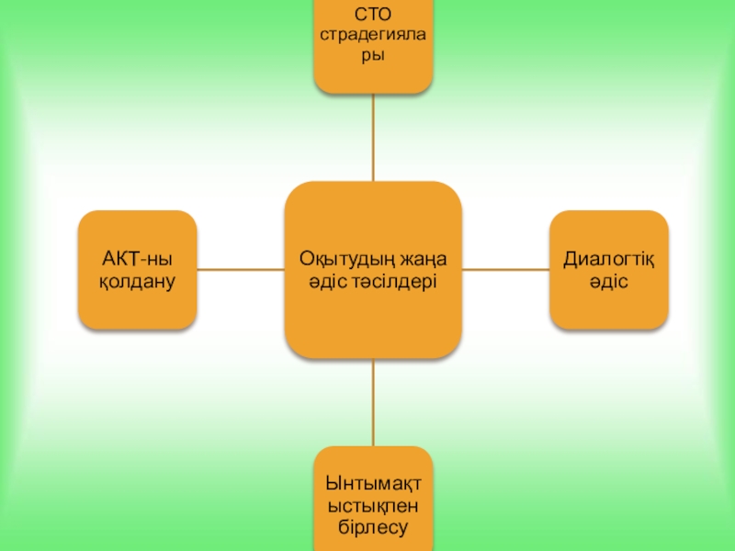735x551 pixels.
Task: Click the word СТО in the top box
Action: click(x=372, y=14)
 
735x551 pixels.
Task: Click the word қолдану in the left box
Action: click(x=137, y=281)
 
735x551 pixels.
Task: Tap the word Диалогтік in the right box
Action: click(x=608, y=259)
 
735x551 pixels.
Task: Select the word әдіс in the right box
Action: click(x=608, y=281)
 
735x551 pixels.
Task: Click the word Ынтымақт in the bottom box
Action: click(x=372, y=483)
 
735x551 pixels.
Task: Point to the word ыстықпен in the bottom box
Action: click(x=372, y=505)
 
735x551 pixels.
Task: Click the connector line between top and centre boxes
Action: click(x=373, y=138)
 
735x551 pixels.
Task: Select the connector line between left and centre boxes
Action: click(x=241, y=269)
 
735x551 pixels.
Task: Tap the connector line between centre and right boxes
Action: click(x=505, y=269)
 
